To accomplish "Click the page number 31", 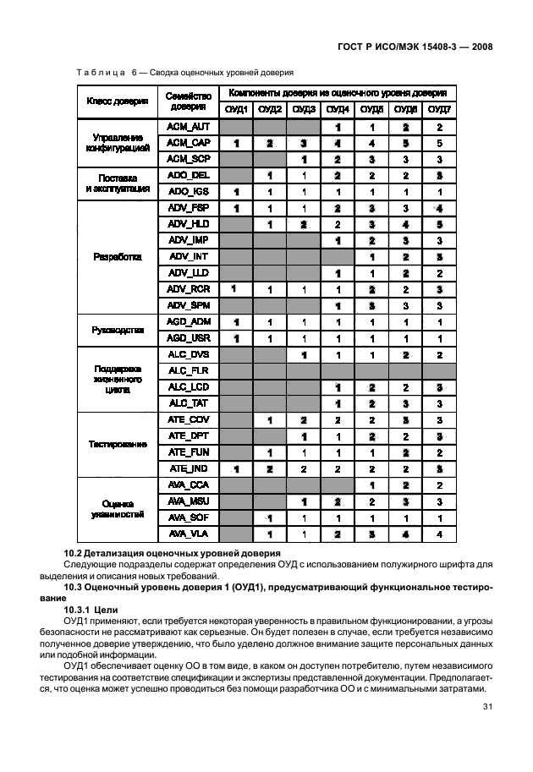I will coord(487,708).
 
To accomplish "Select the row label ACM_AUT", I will coord(188,127).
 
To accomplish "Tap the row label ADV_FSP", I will coord(188,208).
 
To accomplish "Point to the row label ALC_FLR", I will coord(188,370).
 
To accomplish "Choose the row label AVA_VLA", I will coord(188,534).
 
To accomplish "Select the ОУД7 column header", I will coord(439,110).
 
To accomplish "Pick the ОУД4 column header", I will coord(338,110).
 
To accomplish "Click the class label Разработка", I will coord(117,256).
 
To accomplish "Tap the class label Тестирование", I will coord(117,444).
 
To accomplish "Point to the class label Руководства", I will coord(117,330).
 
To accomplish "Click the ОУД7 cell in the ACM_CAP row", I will coord(439,143).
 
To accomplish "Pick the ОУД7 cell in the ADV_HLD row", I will coord(439,224).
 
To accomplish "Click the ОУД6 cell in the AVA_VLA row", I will coord(405,534).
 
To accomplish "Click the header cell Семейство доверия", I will coord(188,101).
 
